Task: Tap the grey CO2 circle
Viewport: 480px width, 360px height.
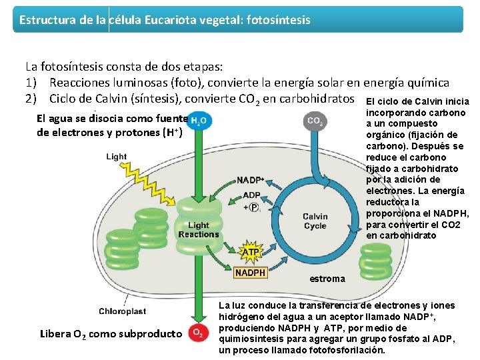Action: [x=315, y=121]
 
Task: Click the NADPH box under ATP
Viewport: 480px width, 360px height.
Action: [x=251, y=273]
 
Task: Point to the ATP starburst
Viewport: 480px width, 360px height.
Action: [x=250, y=253]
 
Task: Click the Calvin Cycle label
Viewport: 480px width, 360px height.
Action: [x=315, y=221]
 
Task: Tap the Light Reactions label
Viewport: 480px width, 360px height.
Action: [x=199, y=230]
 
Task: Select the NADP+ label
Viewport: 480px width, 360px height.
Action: [x=251, y=180]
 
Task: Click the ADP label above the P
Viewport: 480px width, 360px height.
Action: [x=252, y=195]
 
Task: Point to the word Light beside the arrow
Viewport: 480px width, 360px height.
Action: [x=116, y=157]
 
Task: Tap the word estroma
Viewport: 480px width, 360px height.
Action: [x=327, y=279]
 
